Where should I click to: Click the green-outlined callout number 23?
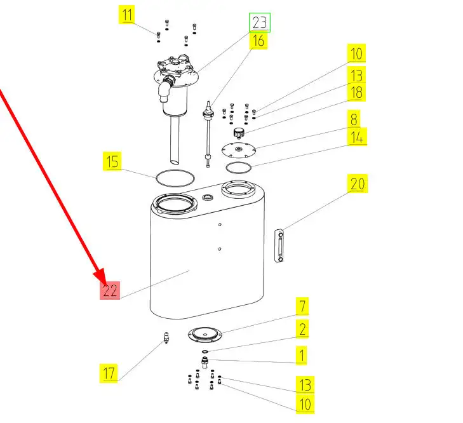(x=259, y=23)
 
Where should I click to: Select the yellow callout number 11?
(x=128, y=15)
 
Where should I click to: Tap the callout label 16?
(x=258, y=41)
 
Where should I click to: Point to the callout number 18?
(x=356, y=93)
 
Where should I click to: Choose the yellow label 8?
(x=354, y=119)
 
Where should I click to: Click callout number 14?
(x=356, y=137)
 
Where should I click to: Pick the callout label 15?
(x=112, y=161)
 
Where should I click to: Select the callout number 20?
(x=358, y=184)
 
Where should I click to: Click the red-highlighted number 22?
(x=111, y=290)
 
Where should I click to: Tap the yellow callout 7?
(x=302, y=306)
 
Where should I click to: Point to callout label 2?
(x=302, y=329)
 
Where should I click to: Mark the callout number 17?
(x=110, y=373)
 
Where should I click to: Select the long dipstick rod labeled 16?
(x=208, y=137)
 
